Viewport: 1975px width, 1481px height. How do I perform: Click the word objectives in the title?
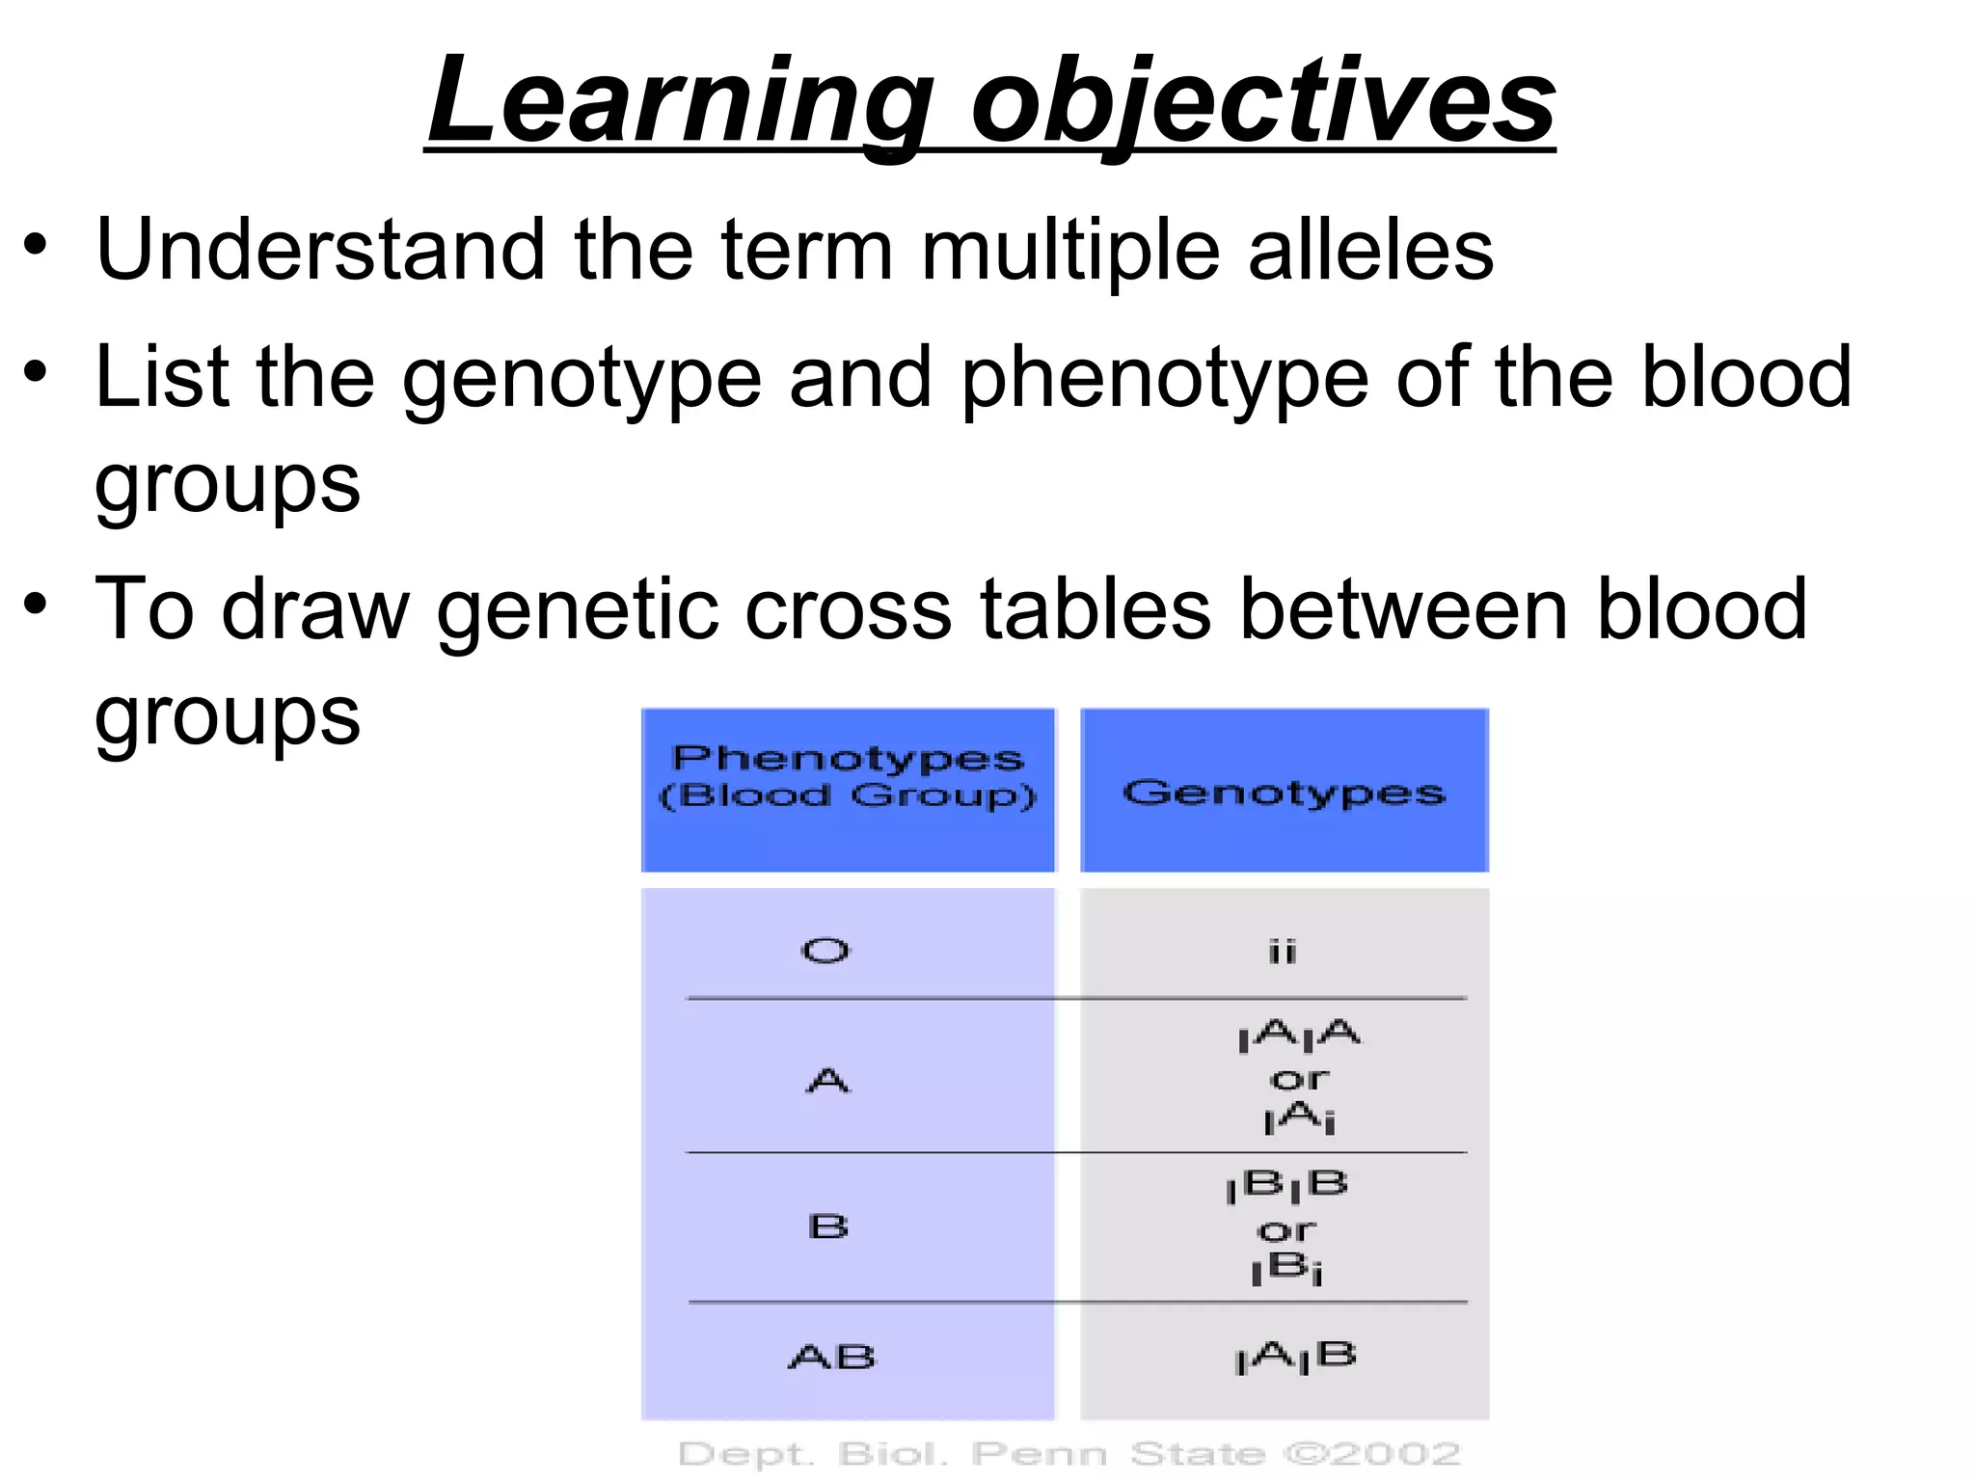click(1262, 101)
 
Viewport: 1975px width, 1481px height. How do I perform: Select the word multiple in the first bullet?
click(1071, 251)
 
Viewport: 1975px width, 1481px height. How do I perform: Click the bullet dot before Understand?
click(36, 245)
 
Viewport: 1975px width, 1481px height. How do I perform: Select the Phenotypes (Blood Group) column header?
click(848, 777)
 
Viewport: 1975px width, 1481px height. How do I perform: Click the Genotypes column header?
click(1284, 793)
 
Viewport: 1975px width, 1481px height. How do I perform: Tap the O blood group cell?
click(825, 952)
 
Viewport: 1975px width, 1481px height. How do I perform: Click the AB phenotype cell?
click(831, 1358)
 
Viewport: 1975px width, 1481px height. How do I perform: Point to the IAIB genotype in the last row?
click(1295, 1358)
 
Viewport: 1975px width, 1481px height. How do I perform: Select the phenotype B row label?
click(827, 1226)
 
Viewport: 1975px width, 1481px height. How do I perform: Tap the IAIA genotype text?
click(1298, 1037)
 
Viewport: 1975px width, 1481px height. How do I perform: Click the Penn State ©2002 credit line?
click(1069, 1453)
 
